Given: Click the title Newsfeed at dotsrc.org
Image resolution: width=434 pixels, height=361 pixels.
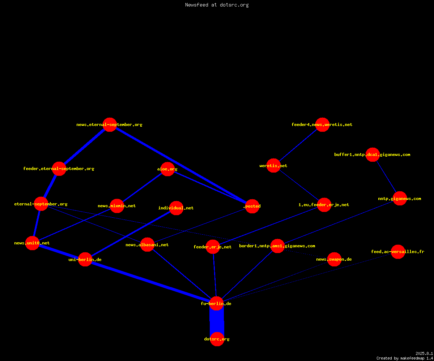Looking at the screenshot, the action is click(217, 5).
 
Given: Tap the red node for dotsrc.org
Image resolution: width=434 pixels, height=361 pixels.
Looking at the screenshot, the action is click(217, 339).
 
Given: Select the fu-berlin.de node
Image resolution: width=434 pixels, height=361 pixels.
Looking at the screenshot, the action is click(216, 304).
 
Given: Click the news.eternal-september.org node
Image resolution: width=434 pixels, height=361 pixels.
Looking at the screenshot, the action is click(110, 125).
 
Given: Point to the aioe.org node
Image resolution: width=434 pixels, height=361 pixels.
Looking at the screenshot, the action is click(167, 169).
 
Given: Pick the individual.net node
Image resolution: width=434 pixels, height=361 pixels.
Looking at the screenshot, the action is click(176, 208).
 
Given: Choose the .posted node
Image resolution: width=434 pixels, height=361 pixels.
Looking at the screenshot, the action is click(252, 206).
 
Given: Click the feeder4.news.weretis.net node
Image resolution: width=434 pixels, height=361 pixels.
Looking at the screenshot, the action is click(322, 125).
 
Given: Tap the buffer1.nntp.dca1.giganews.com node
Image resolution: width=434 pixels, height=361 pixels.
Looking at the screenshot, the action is click(373, 155).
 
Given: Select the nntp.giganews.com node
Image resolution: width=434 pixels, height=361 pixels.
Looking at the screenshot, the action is click(400, 199).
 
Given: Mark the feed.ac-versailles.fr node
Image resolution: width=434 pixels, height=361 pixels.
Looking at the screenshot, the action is click(398, 252).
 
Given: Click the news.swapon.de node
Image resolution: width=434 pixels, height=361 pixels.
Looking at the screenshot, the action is click(334, 259).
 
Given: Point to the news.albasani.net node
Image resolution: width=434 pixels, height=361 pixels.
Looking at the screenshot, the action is click(147, 245).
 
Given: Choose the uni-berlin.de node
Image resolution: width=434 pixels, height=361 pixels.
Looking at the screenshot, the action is click(85, 259).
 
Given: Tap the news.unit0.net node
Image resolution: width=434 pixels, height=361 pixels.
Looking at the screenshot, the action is click(32, 243).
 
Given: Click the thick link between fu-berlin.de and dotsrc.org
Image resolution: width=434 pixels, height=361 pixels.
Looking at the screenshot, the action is click(217, 321).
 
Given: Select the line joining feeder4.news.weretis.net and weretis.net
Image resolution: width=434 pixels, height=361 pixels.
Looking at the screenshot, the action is click(298, 145).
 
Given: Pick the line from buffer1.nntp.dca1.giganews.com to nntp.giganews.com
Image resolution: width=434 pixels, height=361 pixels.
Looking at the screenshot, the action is click(386, 177).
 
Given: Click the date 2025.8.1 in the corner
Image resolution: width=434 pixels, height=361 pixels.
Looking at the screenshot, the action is click(424, 353).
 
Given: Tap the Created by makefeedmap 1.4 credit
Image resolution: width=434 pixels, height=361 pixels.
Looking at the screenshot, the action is click(405, 358).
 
